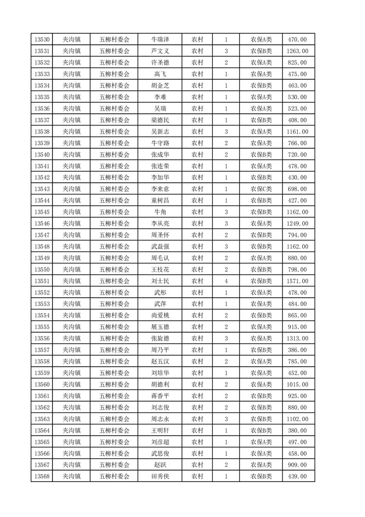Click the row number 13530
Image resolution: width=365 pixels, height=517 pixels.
pyautogui.click(x=42, y=40)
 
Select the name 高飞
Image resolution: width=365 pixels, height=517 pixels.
pyautogui.click(x=160, y=74)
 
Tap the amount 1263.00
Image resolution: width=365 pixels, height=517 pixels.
pyautogui.click(x=297, y=51)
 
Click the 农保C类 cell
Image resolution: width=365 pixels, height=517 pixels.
pyautogui.click(x=261, y=189)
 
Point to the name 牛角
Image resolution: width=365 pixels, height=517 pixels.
pyautogui.click(x=160, y=212)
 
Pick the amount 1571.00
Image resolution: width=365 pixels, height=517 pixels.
pyautogui.click(x=297, y=281)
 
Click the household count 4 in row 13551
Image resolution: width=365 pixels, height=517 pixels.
pyautogui.click(x=226, y=281)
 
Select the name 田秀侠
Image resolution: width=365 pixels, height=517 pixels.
pyautogui.click(x=160, y=476)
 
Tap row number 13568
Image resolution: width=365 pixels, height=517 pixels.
pyautogui.click(x=42, y=476)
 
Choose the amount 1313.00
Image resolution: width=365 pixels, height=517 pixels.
pyautogui.click(x=297, y=339)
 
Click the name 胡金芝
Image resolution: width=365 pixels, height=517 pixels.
pyautogui.click(x=160, y=86)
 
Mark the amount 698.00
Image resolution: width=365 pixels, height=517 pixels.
pyautogui.click(x=297, y=189)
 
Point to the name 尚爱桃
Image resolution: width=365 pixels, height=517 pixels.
pyautogui.click(x=160, y=316)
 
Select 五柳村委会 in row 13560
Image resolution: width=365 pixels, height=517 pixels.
pyautogui.click(x=115, y=384)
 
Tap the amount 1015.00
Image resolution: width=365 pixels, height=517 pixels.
pyautogui.click(x=297, y=384)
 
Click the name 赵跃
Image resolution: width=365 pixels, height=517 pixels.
pyautogui.click(x=160, y=465)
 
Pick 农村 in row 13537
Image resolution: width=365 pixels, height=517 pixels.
pyautogui.click(x=197, y=120)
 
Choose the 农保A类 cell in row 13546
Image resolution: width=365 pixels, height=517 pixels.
pyautogui.click(x=261, y=223)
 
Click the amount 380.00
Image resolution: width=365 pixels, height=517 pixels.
pyautogui.click(x=297, y=430)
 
